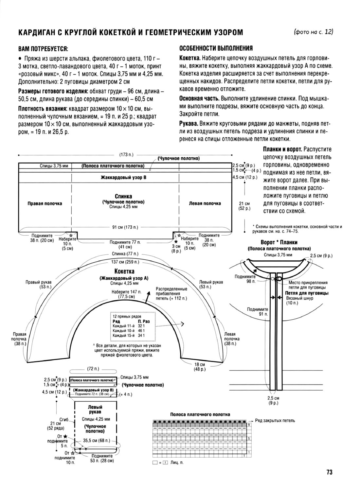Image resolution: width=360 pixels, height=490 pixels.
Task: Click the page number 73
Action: click(x=329, y=472)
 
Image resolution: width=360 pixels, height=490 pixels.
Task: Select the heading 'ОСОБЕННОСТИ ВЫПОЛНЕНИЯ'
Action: click(x=216, y=48)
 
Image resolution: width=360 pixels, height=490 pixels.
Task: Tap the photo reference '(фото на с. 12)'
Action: click(x=313, y=32)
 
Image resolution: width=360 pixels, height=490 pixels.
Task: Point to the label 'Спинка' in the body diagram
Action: click(x=123, y=196)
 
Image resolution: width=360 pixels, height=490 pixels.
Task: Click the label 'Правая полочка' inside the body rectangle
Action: click(x=45, y=203)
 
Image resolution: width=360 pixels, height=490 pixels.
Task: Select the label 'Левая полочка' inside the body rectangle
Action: click(x=205, y=203)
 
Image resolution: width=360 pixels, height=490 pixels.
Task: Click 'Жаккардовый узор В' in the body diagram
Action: click(x=123, y=177)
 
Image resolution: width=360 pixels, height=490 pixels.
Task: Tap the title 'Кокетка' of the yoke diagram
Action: click(x=124, y=271)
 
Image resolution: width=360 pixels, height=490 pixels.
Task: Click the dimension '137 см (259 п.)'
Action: click(x=125, y=262)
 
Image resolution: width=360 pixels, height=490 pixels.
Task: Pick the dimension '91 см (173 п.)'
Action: click(x=125, y=227)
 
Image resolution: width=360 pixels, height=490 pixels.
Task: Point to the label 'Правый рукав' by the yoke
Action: click(x=38, y=282)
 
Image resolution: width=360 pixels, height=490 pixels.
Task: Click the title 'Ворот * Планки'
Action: click(x=279, y=242)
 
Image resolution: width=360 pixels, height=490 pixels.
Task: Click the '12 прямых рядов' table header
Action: click(x=127, y=317)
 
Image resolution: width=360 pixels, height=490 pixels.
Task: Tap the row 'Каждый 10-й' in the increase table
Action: click(x=128, y=331)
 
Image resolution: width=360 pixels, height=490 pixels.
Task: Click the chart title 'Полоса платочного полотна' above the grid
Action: click(x=200, y=414)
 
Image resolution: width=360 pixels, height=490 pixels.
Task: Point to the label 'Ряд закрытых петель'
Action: click(x=275, y=420)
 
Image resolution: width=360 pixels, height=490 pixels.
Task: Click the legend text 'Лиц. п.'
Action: click(x=177, y=463)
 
